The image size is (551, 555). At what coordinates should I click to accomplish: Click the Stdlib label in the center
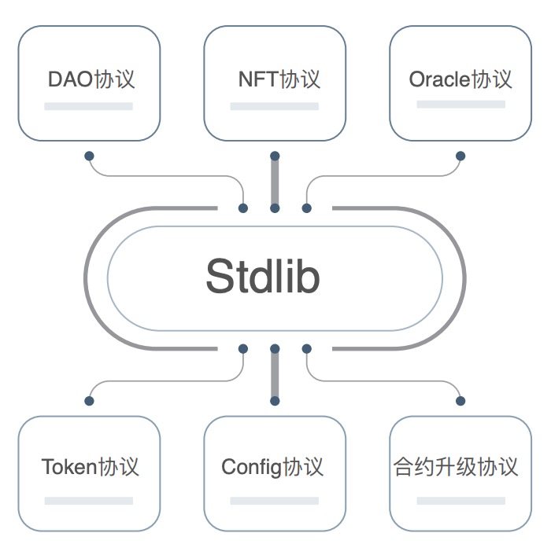263,277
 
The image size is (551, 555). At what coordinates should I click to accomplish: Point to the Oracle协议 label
460,79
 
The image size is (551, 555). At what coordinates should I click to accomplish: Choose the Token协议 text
90,467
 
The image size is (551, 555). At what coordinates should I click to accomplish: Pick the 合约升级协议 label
457,467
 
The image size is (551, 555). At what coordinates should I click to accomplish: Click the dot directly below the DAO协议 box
89,156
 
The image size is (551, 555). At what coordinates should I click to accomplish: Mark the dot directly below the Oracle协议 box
460,156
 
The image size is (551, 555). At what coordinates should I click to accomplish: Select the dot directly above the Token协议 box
89,401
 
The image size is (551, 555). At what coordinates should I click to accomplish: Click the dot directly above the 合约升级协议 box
460,401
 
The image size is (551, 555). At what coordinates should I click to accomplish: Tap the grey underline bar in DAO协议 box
88,106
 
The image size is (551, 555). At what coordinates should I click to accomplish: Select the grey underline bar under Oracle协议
460,106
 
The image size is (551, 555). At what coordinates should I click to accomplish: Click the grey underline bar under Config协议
274,500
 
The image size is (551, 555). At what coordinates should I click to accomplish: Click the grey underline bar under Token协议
88,500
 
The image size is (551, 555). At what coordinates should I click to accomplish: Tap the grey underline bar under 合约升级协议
460,500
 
